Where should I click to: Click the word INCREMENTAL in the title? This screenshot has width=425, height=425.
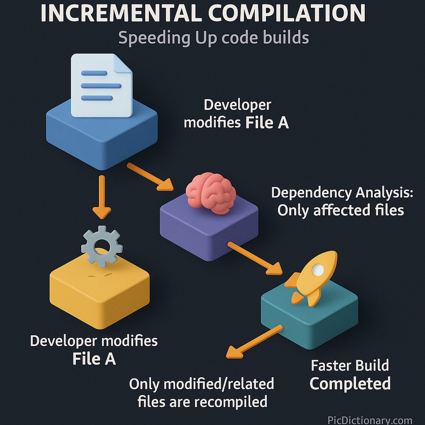coord(121,13)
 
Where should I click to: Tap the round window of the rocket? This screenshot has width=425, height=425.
coord(318,270)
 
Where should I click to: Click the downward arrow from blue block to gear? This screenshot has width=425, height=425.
coord(102,197)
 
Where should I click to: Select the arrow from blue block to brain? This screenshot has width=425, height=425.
coord(150,177)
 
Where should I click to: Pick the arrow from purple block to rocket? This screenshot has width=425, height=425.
coord(255,258)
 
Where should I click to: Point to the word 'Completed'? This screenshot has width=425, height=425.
coord(350,383)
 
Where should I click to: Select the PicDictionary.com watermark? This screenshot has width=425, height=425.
coord(369,420)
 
